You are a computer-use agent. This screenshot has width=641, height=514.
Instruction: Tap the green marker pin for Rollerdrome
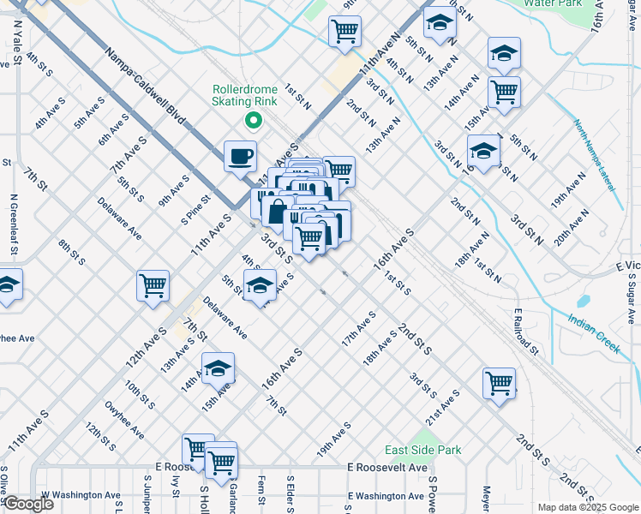[x=252, y=121]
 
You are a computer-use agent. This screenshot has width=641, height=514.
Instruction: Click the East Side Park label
[x=422, y=450]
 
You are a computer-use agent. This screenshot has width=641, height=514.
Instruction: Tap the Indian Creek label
[x=593, y=332]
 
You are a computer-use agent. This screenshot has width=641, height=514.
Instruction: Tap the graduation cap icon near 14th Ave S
[x=218, y=368]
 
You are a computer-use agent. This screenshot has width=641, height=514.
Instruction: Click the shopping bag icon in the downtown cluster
[x=279, y=211]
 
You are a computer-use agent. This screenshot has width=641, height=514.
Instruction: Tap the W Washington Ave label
[x=81, y=495]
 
